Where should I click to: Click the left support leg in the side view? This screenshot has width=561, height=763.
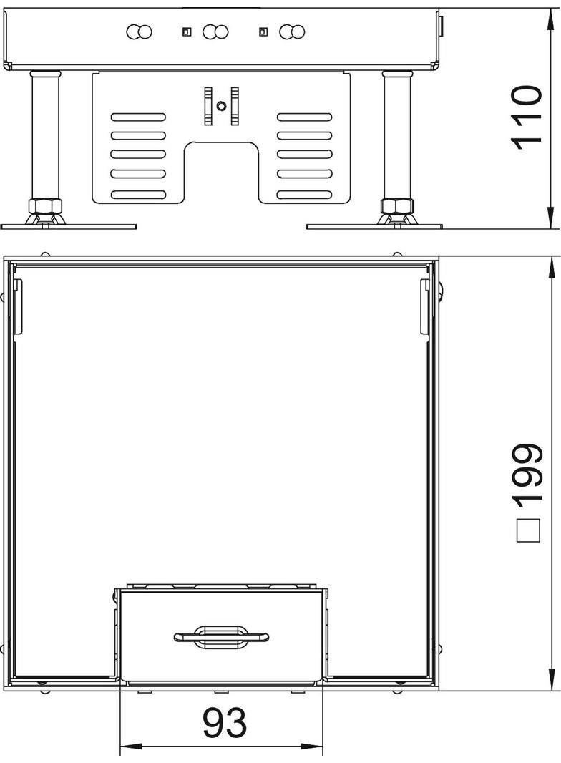click(x=42, y=136)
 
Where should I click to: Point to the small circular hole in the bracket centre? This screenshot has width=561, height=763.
click(x=222, y=106)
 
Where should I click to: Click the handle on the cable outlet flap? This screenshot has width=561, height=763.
click(x=221, y=636)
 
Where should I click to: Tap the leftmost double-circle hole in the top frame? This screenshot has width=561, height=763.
click(x=140, y=31)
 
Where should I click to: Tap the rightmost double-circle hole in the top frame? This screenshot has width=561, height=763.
click(x=293, y=31)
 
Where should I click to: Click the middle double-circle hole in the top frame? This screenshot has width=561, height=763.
click(x=215, y=31)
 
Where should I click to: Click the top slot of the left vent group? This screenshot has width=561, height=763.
click(x=138, y=117)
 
